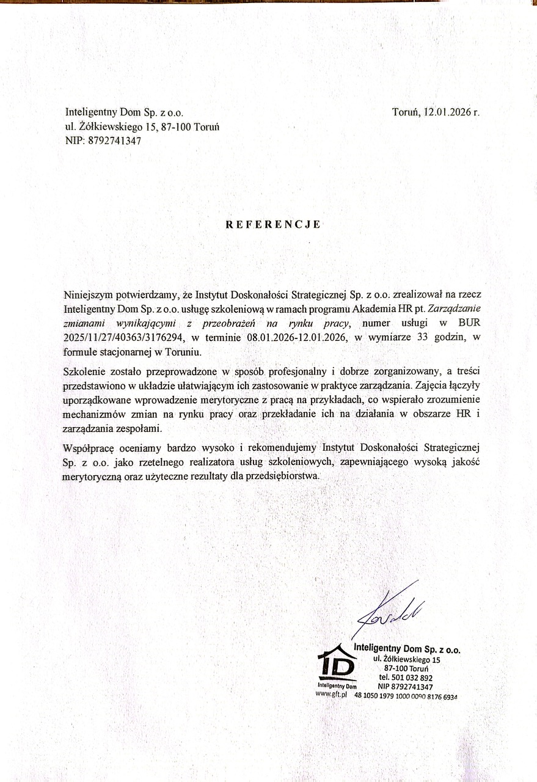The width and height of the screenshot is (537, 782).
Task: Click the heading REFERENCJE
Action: tap(273, 224)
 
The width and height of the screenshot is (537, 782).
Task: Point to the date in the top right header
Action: tap(436, 112)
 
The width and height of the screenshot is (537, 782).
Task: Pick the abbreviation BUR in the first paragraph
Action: tap(470, 324)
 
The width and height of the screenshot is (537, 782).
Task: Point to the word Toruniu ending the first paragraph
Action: tap(183, 353)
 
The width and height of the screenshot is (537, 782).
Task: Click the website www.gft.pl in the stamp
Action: tap(331, 695)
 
